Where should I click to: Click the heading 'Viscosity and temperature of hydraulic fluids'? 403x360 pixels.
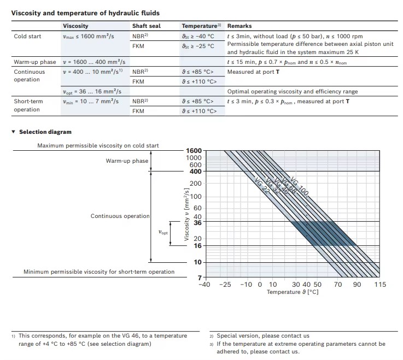(85, 13)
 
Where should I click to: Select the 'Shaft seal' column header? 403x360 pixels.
(146, 26)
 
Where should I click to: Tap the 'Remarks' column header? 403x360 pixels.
(240, 26)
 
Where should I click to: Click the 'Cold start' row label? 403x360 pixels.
(27, 36)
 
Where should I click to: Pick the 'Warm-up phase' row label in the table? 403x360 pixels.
(35, 62)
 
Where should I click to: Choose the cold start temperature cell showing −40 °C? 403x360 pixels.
(198, 36)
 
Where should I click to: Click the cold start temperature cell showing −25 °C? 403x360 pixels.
(198, 46)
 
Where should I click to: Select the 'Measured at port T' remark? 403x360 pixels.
(253, 72)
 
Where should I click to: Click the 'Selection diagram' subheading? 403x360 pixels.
(45, 132)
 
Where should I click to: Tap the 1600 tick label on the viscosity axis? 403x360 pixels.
(194, 151)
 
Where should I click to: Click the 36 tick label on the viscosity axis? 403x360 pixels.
(197, 223)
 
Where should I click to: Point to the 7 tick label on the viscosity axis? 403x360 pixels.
(200, 278)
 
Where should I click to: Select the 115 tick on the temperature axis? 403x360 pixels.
(380, 285)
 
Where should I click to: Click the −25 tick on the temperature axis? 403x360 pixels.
(225, 285)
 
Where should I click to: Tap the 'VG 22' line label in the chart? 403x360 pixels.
(262, 186)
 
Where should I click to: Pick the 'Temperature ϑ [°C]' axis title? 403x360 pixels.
(293, 292)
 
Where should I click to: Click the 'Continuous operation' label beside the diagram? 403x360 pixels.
(120, 216)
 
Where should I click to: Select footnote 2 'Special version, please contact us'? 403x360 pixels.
(263, 335)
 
